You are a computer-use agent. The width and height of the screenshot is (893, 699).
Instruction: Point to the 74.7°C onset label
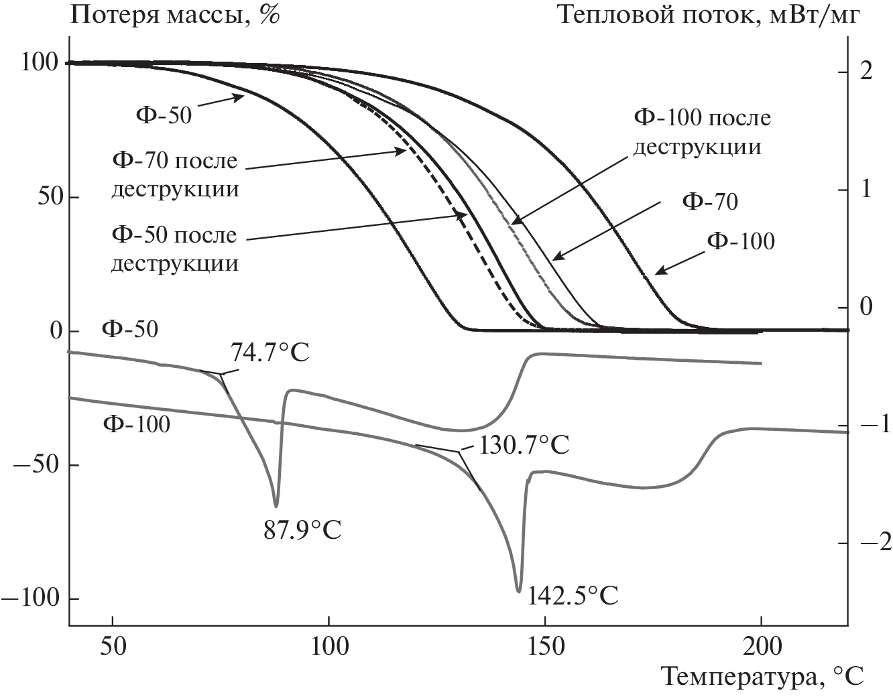pos(270,353)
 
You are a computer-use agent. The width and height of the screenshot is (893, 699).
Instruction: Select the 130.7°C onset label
pos(523,444)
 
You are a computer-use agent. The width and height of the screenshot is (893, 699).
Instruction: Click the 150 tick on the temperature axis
pos(545,647)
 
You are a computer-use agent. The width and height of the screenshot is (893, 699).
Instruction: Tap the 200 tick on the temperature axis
pos(762,647)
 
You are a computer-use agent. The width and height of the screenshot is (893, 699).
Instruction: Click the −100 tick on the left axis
pos(32,598)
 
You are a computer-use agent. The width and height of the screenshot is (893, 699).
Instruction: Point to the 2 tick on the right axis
pos(866,72)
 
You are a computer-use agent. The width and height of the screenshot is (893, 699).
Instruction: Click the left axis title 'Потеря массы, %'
pos(175,15)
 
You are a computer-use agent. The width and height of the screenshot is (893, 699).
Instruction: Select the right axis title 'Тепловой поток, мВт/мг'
pos(708,15)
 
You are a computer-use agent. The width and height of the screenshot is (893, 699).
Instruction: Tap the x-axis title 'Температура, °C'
pos(763,678)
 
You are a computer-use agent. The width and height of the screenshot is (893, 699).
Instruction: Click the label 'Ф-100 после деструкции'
pos(702,132)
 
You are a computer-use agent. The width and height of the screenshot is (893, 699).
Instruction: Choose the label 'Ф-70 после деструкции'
pos(175,175)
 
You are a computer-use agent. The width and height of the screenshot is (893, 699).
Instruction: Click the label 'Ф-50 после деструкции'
pos(175,249)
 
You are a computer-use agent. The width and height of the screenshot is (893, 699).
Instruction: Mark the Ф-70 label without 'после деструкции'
pos(710,201)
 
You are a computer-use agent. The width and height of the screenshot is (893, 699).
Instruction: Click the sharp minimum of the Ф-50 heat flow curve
pos(276,506)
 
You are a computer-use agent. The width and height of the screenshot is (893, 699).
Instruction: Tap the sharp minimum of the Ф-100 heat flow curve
pos(518,591)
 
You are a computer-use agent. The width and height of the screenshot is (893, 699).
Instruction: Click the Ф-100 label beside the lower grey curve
pos(137,424)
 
